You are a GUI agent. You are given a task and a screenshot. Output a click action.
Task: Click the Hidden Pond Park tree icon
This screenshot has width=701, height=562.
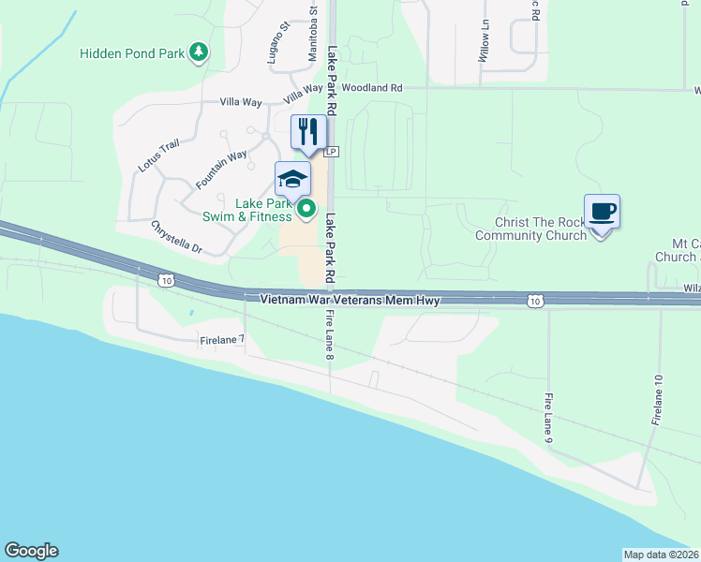pyautogui.click(x=198, y=53)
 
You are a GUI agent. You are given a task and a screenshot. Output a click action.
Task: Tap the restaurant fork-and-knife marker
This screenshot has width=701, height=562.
pyautogui.click(x=308, y=131)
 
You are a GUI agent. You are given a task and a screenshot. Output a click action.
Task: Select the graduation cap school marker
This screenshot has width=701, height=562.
pyautogui.click(x=292, y=177)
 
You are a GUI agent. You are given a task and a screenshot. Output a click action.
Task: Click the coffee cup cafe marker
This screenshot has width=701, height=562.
pyautogui.click(x=601, y=211)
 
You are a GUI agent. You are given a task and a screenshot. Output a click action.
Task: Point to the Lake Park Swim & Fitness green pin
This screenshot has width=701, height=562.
pyautogui.click(x=306, y=211)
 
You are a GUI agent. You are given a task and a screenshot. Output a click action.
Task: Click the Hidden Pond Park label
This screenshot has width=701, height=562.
pyautogui.click(x=132, y=53)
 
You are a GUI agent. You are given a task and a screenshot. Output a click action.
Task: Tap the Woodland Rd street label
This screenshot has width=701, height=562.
pyautogui.click(x=372, y=88)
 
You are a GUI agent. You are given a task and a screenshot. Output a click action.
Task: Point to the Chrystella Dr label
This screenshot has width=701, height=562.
pyautogui.click(x=176, y=237)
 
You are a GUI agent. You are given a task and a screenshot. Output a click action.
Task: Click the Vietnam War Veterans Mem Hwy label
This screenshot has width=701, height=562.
pyautogui.click(x=350, y=301)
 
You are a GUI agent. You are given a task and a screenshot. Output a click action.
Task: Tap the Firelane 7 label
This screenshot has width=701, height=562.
pyautogui.click(x=222, y=341)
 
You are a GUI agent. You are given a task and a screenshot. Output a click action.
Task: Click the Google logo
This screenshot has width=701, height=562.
pyautogui.click(x=31, y=551)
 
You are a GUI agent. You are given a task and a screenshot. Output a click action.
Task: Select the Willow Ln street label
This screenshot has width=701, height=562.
pyautogui.click(x=486, y=43)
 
